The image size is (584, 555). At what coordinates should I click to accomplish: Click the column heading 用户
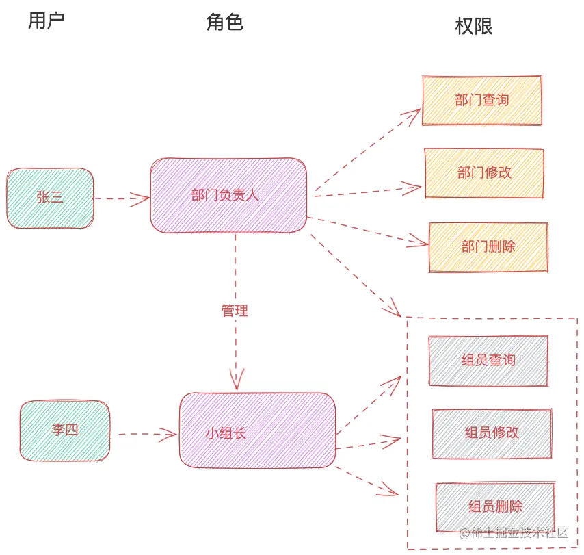(47, 21)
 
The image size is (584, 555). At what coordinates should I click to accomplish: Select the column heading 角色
(224, 23)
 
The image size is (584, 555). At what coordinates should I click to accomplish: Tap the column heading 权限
(473, 26)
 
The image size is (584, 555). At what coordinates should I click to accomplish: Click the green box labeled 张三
(50, 198)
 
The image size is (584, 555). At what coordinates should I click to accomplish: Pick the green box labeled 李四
(65, 431)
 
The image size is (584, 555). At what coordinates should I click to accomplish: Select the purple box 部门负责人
(228, 195)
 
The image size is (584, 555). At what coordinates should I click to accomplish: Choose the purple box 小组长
(257, 431)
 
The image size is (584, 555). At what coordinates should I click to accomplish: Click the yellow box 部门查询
(482, 100)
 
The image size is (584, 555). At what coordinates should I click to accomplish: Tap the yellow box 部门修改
(484, 173)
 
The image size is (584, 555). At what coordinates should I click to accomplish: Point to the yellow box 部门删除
(488, 246)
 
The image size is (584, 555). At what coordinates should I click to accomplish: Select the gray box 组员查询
(488, 360)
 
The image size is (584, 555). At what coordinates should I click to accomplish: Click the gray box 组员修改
(492, 433)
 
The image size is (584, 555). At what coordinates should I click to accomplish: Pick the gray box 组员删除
(495, 507)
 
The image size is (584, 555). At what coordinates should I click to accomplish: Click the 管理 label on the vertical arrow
(235, 311)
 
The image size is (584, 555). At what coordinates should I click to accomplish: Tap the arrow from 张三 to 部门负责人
(121, 198)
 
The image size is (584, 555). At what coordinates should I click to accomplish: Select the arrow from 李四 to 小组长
(147, 433)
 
